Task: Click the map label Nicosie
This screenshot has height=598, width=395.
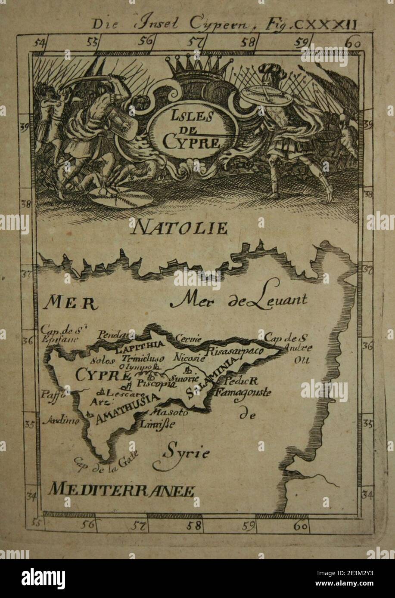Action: (189, 357)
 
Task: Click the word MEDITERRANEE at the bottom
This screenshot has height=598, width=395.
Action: (121, 490)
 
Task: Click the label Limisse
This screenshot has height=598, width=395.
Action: (157, 424)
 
